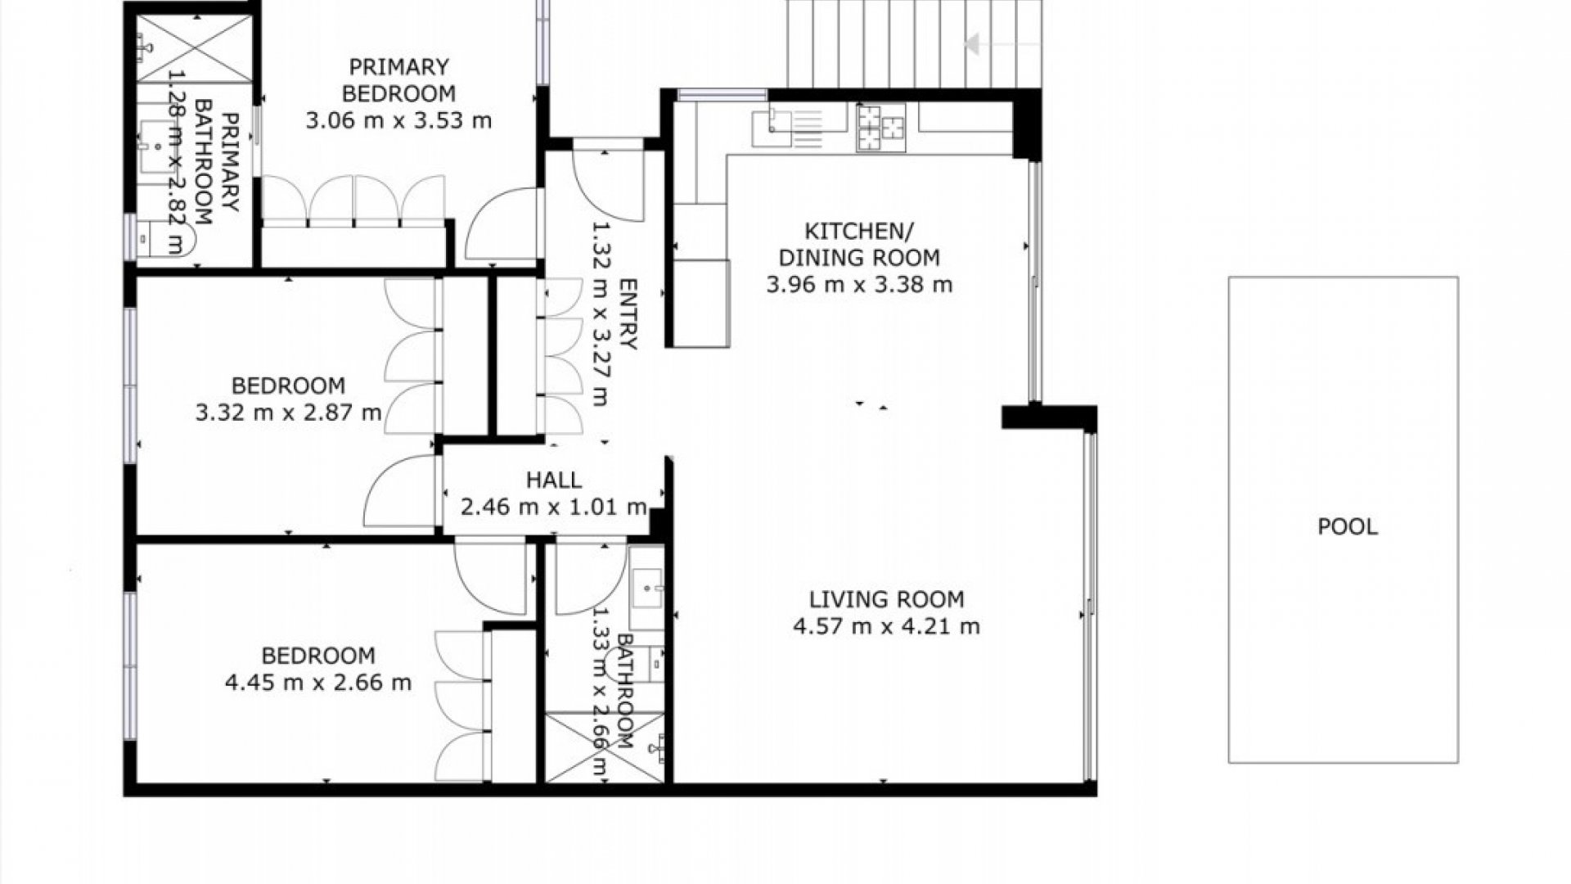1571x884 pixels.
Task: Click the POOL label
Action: (1347, 526)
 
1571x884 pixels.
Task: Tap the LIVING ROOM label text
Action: (886, 599)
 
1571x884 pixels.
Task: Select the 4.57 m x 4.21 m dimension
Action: (886, 627)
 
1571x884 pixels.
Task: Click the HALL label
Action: (554, 480)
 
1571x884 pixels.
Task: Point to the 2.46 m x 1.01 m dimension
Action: (554, 507)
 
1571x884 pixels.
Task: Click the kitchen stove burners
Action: (881, 128)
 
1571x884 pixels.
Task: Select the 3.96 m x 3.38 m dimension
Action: (859, 285)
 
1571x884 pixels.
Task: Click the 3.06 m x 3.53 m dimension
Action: (398, 121)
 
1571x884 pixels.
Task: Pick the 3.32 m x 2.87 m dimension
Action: (288, 413)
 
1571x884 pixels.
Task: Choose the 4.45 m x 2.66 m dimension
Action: (318, 683)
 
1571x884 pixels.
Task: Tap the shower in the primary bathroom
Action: (195, 49)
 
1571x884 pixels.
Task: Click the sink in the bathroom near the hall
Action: (647, 588)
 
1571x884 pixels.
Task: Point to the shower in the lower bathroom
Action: (605, 747)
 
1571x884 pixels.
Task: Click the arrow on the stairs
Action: (1003, 44)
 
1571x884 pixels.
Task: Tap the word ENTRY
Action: (628, 314)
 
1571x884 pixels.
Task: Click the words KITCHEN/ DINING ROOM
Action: (859, 244)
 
